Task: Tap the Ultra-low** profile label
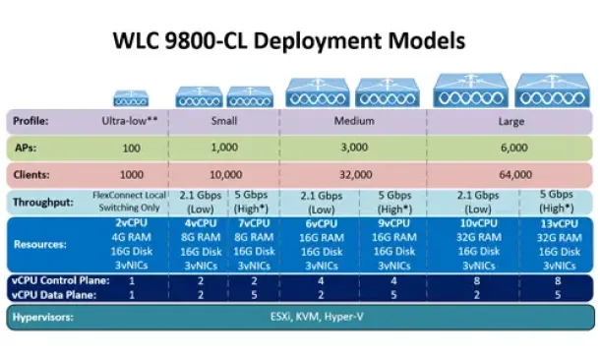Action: click(130, 121)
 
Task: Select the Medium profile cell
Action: click(354, 121)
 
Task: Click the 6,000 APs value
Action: click(514, 148)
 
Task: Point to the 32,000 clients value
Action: click(356, 175)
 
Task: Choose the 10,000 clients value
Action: click(226, 175)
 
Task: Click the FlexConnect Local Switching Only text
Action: click(129, 202)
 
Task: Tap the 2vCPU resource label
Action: click(131, 222)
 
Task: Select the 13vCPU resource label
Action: click(559, 223)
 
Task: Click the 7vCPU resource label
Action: click(254, 223)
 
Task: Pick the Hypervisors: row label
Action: click(43, 317)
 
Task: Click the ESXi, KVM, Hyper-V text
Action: click(317, 317)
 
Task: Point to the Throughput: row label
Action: click(43, 202)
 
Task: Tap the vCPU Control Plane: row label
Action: click(60, 280)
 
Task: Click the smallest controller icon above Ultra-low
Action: click(131, 98)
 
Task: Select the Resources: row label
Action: click(40, 245)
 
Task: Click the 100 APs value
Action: click(131, 149)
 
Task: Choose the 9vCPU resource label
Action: click(394, 223)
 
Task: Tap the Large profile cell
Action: click(511, 122)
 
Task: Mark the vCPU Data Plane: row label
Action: click(54, 295)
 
